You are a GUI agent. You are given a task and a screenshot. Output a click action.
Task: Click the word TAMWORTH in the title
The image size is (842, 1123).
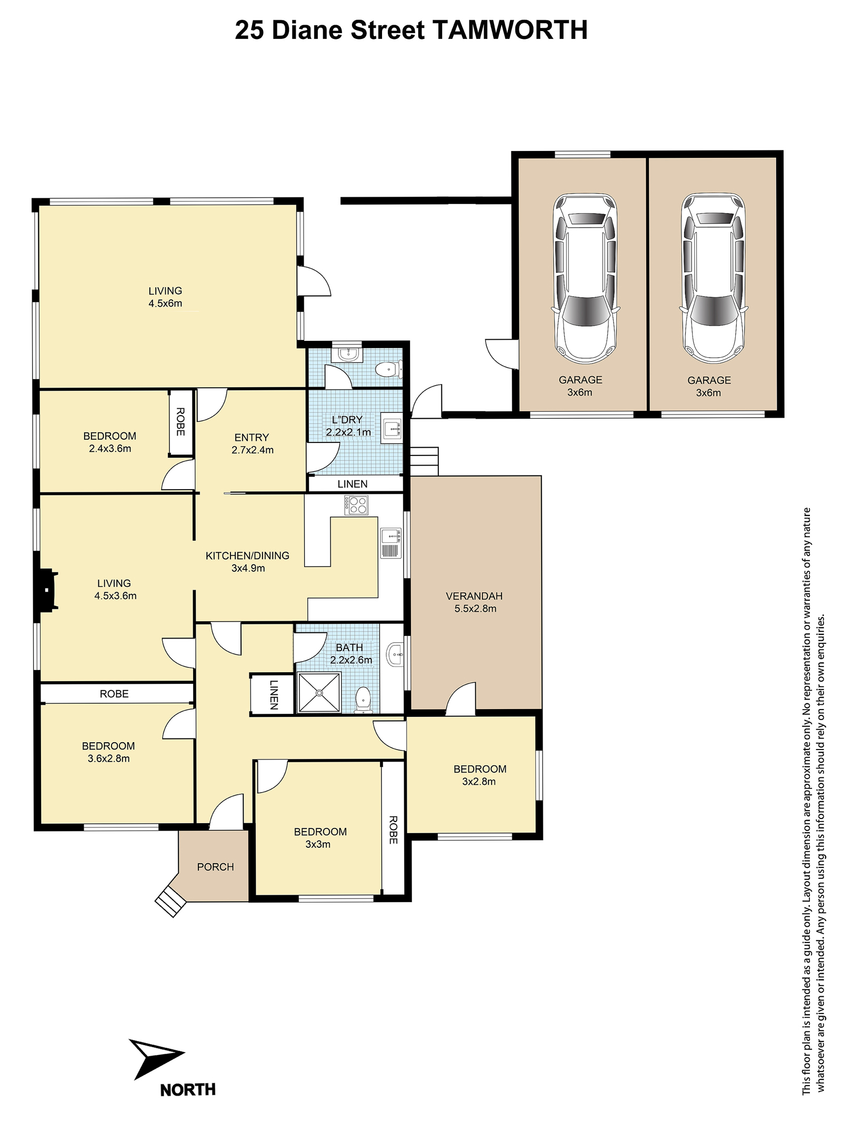click(509, 30)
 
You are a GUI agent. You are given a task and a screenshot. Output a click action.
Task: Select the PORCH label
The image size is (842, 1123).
click(215, 866)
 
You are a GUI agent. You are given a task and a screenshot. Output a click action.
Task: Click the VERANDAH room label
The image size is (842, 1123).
click(474, 596)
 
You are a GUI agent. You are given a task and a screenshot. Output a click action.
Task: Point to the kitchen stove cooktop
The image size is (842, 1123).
click(356, 505)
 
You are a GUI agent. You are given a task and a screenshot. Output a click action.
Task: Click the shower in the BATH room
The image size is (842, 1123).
click(319, 693)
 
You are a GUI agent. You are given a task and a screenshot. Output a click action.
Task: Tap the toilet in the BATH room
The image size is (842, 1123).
click(363, 700)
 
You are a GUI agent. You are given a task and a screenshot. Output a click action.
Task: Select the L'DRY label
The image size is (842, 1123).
click(347, 420)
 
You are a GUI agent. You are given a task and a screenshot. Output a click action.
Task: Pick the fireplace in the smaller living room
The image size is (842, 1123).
click(46, 590)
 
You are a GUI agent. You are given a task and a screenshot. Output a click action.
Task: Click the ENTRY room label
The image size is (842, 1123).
click(252, 437)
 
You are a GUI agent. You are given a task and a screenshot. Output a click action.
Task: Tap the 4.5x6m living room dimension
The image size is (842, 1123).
click(165, 303)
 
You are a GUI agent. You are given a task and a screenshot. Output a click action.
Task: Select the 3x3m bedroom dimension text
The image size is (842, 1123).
click(318, 844)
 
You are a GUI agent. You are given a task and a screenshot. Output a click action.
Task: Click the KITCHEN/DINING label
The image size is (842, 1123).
click(247, 555)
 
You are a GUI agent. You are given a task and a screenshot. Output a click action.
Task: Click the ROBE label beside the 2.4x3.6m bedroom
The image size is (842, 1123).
click(181, 422)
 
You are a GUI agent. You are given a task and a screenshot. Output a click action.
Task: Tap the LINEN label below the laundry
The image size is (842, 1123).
click(353, 484)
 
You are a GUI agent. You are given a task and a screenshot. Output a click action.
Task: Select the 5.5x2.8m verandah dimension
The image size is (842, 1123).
click(476, 609)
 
